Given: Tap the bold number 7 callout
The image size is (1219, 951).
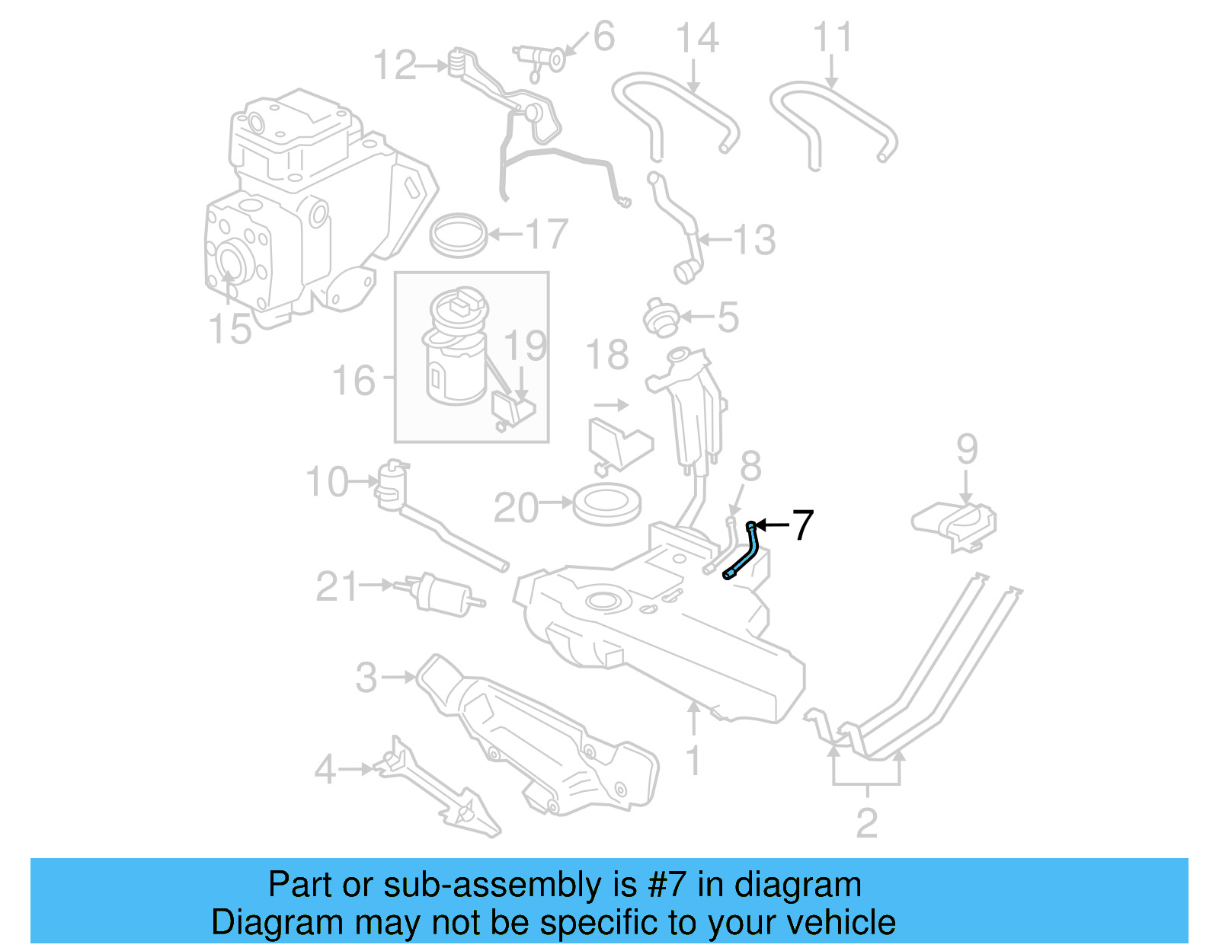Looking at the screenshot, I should (802, 525).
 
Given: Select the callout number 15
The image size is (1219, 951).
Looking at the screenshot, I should (229, 329).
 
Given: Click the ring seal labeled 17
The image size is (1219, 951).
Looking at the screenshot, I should (458, 235).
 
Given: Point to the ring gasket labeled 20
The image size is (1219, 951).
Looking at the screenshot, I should (606, 506).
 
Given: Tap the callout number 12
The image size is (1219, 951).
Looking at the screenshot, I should (395, 65).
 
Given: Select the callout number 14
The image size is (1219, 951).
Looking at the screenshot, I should (697, 38).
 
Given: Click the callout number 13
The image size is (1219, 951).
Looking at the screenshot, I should (753, 240).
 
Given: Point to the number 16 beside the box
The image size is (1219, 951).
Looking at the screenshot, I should (354, 380).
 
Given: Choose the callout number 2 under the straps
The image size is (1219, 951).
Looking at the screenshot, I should (867, 823).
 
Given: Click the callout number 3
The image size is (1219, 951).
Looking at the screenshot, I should (366, 677).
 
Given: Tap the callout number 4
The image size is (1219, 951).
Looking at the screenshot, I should (325, 769).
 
